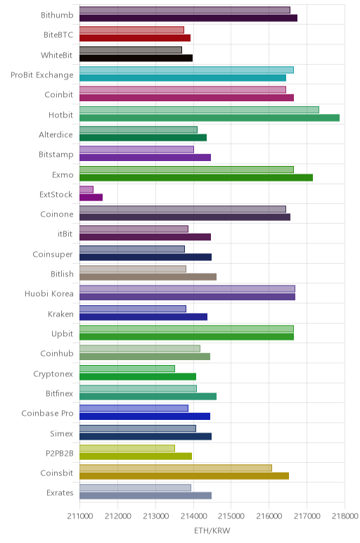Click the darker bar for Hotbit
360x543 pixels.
[x=210, y=117]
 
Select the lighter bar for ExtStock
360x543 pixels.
[x=86, y=189]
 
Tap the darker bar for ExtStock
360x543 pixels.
[x=91, y=198]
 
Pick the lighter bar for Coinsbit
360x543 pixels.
[x=176, y=468]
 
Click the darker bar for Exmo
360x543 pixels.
[x=196, y=178]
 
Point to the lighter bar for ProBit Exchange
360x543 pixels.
[x=186, y=70]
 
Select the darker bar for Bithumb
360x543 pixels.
[x=188, y=18]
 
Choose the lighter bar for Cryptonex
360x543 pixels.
[x=127, y=369]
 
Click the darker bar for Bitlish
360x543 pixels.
[x=148, y=277]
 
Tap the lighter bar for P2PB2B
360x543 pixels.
[x=127, y=448]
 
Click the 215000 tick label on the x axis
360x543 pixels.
[x=231, y=516]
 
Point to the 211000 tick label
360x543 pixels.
[x=80, y=516]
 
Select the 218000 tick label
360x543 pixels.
[x=345, y=516]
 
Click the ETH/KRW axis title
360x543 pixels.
[x=212, y=530]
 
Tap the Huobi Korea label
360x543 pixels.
[x=49, y=294]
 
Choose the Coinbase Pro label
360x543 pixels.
[x=47, y=413]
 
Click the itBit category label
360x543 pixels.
[x=65, y=234]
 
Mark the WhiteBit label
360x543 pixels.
[x=57, y=55]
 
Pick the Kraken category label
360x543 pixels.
[x=61, y=314]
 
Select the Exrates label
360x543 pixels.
[x=60, y=492]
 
